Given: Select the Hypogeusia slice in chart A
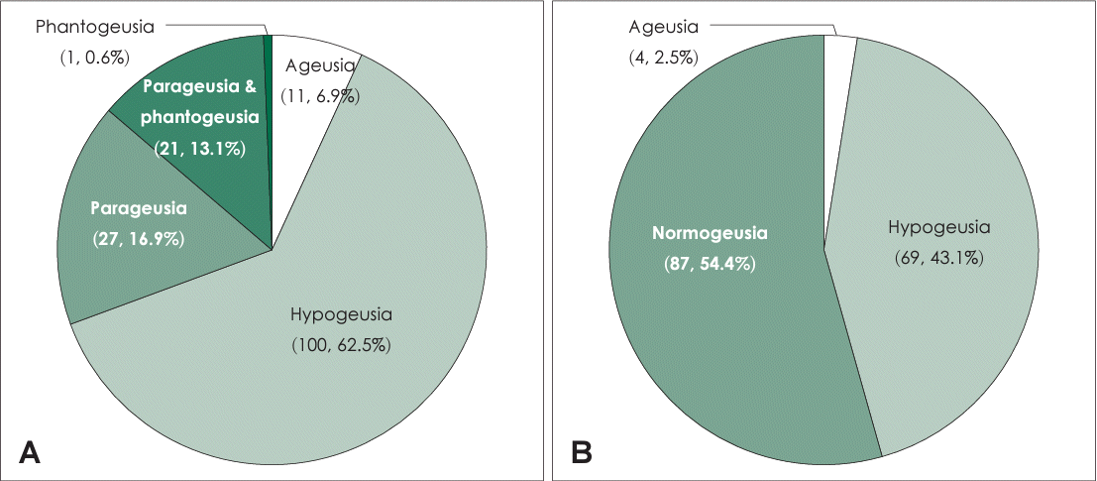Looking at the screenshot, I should click(x=327, y=397).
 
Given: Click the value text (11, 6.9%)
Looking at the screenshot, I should click(x=321, y=96).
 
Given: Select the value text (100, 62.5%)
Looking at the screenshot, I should click(x=342, y=346).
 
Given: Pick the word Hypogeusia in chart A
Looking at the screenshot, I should click(x=342, y=315).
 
